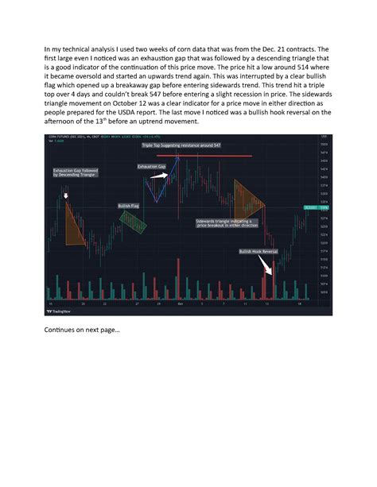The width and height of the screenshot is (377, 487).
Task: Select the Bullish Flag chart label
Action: click(x=129, y=206)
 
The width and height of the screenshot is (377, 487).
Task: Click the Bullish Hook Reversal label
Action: click(x=258, y=252)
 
